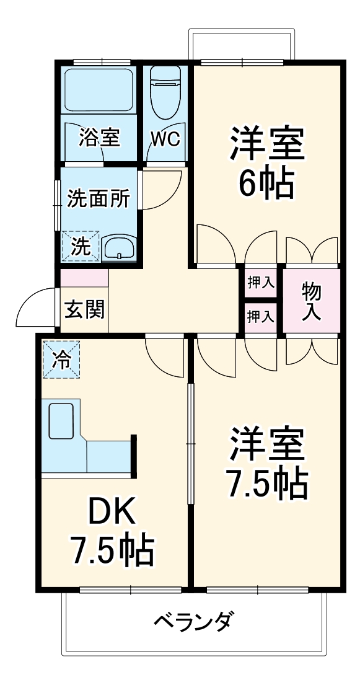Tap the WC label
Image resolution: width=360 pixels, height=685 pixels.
tap(165, 138)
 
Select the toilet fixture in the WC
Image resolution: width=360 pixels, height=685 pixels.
tap(165, 93)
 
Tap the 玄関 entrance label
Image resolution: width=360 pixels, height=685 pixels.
tap(84, 308)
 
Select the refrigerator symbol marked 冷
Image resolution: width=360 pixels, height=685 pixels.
tap(61, 359)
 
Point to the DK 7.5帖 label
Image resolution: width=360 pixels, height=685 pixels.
tap(112, 530)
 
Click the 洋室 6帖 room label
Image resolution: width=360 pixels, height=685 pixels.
tap(267, 161)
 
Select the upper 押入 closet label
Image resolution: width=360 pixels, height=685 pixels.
tap(261, 283)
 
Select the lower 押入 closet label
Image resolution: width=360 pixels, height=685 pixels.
tap(261, 316)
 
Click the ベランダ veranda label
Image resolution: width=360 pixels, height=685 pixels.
tap(193, 620)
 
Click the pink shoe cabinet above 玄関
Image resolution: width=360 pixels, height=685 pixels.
tap(84, 278)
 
